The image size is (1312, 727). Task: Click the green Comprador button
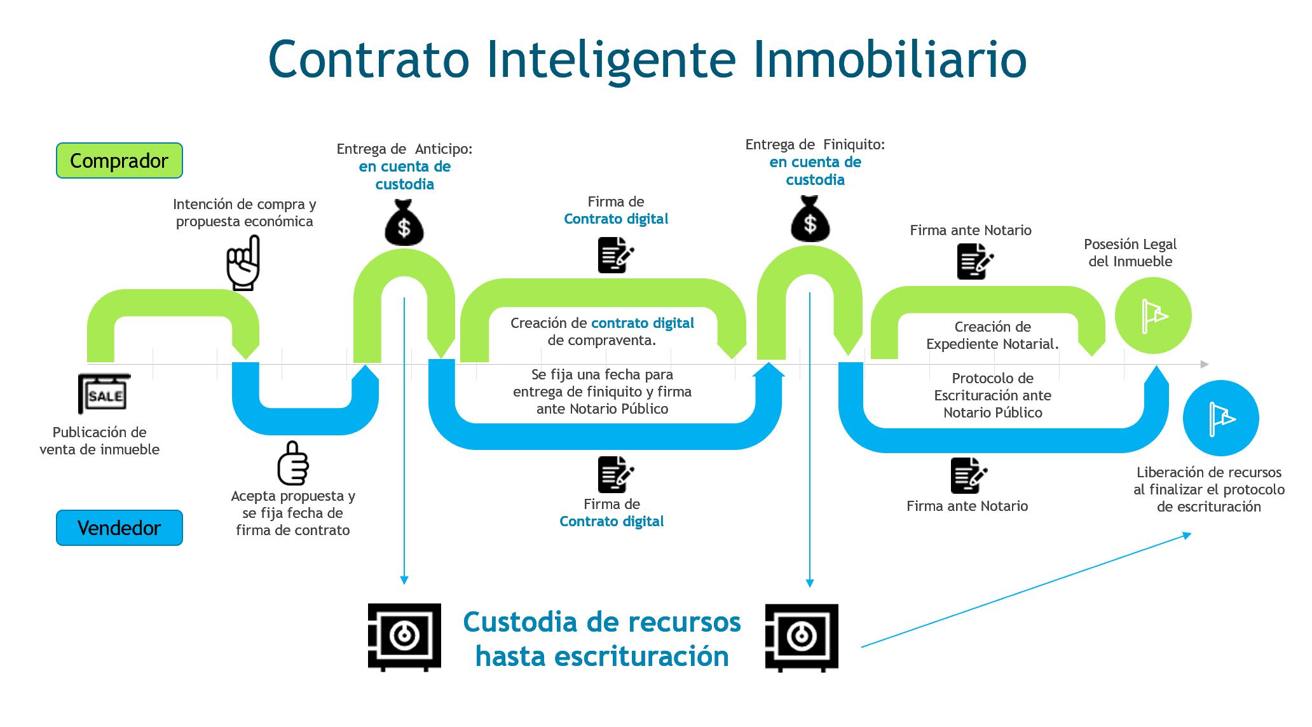point(120,161)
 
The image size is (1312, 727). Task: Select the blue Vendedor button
point(120,528)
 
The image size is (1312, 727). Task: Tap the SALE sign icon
point(105,394)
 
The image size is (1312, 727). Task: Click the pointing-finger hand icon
point(244,263)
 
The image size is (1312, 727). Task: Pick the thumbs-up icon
point(293,464)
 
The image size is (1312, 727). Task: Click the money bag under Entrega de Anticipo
point(404,223)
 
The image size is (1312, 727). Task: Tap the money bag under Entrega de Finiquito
point(810,219)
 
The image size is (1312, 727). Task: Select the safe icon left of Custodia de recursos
point(404,637)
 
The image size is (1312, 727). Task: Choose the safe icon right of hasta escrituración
point(802,637)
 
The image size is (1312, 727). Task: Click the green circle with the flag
point(1153,316)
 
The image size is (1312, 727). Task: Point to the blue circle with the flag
point(1220,418)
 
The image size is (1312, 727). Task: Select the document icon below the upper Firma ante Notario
point(974,261)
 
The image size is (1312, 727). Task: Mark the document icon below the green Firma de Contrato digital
point(615,255)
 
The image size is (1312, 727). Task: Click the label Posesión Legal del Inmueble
point(1130,253)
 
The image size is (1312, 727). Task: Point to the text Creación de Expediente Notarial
point(992,336)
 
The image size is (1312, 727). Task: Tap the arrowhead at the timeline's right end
point(1204,364)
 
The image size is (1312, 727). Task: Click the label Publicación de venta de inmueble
point(100,441)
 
